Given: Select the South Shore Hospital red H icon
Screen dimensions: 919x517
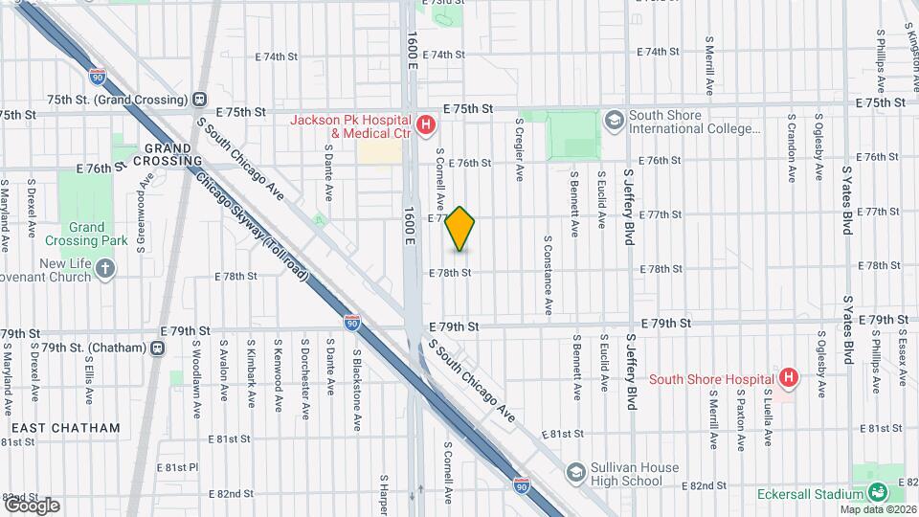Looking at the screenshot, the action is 788,378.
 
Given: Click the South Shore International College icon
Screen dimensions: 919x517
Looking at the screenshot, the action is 614,120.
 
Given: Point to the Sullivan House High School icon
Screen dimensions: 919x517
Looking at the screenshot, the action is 575,473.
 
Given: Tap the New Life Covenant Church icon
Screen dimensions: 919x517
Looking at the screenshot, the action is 105,269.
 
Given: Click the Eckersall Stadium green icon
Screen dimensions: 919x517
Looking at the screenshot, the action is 877,494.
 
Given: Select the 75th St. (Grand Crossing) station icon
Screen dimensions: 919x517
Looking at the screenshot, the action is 200,100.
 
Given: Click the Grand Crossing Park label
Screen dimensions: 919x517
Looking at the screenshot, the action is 86,235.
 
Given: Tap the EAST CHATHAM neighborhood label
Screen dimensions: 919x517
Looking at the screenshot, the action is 66,428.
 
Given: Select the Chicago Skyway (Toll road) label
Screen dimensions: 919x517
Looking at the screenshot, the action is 253,228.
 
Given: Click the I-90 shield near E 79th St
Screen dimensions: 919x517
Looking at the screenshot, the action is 352,324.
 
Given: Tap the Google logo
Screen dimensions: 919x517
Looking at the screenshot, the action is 32,505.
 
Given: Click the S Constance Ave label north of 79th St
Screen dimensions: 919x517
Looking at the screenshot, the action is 549,276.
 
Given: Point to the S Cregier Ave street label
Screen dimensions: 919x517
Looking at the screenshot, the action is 520,149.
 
